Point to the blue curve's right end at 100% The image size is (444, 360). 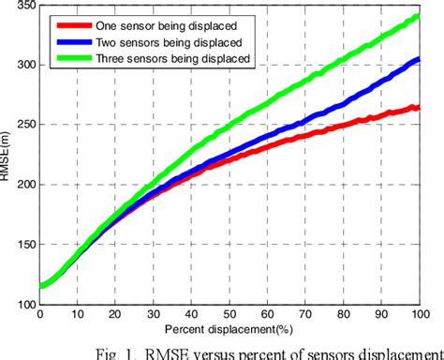coord(417,60)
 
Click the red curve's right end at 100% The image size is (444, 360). coord(417,108)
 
